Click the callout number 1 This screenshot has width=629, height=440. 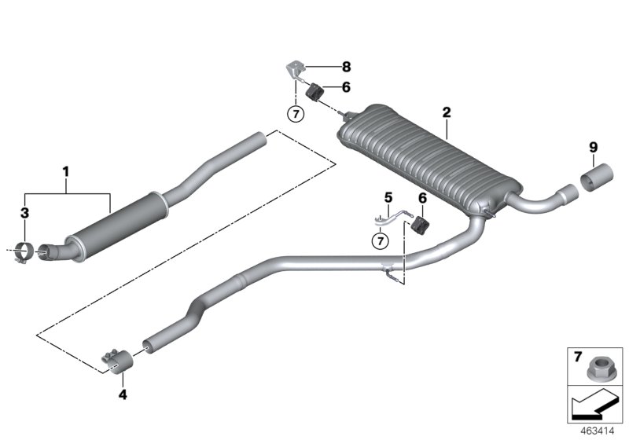pyautogui.click(x=67, y=170)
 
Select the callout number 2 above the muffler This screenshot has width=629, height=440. pyautogui.click(x=446, y=113)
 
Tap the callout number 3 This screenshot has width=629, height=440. pyautogui.click(x=24, y=213)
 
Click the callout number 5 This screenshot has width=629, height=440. pyautogui.click(x=387, y=196)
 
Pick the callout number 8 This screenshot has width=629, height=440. pyautogui.click(x=346, y=68)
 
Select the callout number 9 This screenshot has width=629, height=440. pyautogui.click(x=594, y=146)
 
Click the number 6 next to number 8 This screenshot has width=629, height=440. pyautogui.click(x=346, y=89)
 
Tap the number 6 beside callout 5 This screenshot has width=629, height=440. pyautogui.click(x=423, y=197)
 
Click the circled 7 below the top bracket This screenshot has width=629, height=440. pyautogui.click(x=296, y=114)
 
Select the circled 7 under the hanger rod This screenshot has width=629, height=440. pyautogui.click(x=380, y=240)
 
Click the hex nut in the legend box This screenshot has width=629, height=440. pyautogui.click(x=595, y=367)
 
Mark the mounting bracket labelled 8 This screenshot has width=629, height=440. pyautogui.click(x=295, y=69)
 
